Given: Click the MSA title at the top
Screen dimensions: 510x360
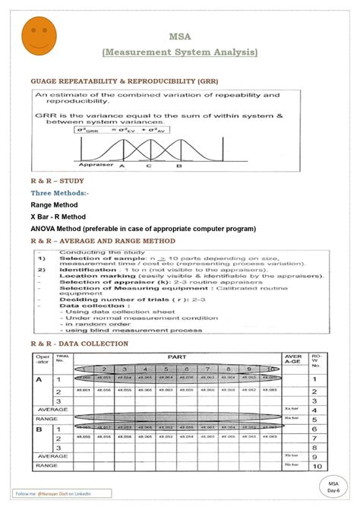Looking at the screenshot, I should [x=179, y=36].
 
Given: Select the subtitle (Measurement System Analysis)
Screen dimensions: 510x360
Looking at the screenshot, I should [x=180, y=52].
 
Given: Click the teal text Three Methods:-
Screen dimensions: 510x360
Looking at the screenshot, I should [x=58, y=194].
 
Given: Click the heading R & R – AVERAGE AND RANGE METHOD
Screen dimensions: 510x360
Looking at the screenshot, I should [x=103, y=241].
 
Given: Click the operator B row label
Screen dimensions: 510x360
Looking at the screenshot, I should [x=39, y=429].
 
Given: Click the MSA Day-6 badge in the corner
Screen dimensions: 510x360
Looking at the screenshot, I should [x=333, y=486].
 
